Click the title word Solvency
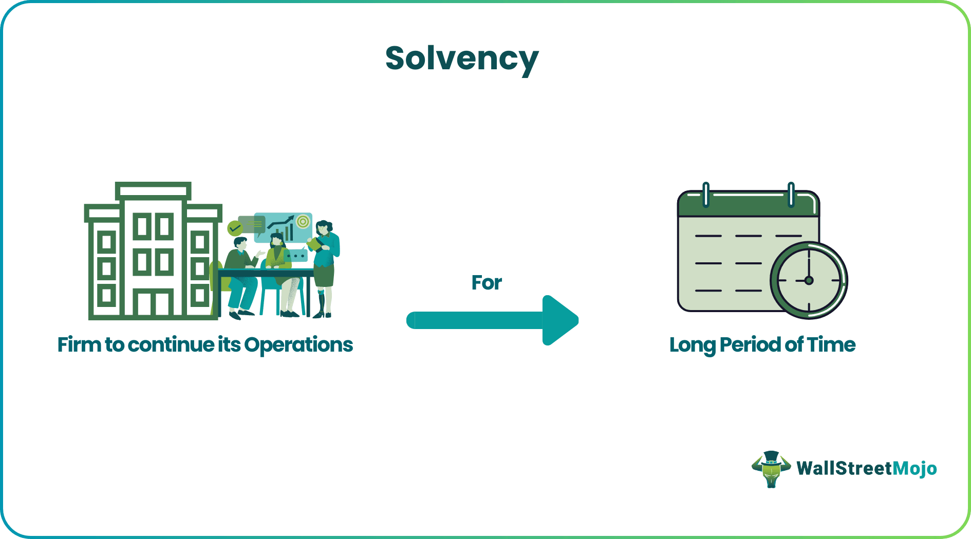(461, 59)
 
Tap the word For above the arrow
(486, 283)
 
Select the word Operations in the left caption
(298, 345)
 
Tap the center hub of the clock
(809, 280)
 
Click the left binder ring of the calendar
(706, 195)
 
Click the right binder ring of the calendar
(791, 195)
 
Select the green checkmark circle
(235, 228)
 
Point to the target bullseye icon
(303, 222)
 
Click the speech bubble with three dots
(296, 256)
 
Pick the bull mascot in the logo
(771, 469)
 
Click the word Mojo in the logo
(914, 468)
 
